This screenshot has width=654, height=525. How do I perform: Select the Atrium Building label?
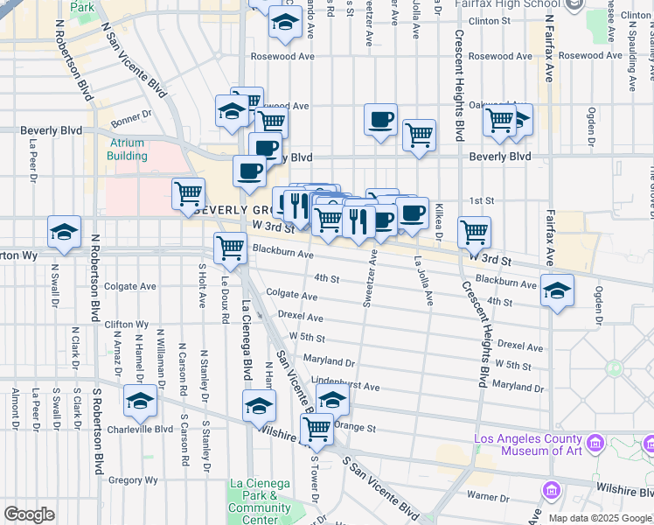coord(128,150)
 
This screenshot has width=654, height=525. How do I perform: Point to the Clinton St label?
coord(489,20)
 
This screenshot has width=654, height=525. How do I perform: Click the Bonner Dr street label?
coord(132,114)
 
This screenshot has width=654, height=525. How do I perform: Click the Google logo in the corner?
coord(29,514)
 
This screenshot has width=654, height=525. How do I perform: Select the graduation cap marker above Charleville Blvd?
coord(139,401)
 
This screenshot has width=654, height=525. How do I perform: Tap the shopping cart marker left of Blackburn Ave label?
coord(230,248)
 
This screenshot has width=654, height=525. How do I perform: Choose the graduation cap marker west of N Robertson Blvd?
coord(65,231)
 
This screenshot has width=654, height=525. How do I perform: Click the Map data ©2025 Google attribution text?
coord(599,518)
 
